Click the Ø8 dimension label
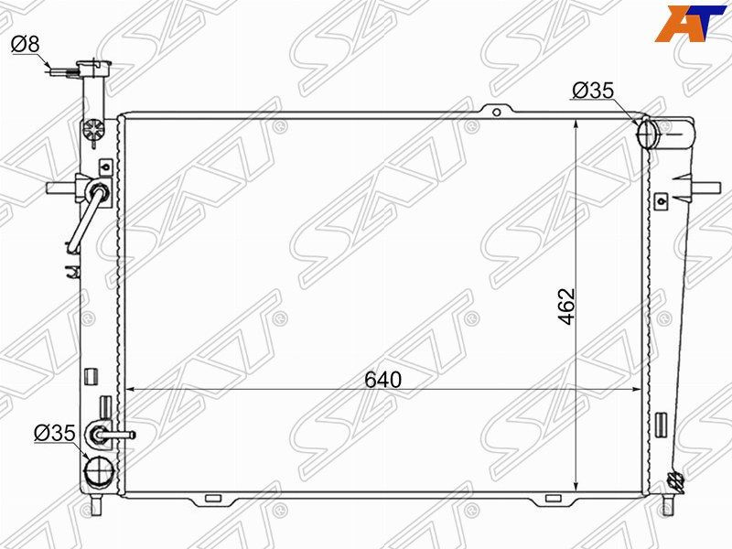(26, 44)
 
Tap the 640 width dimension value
(382, 380)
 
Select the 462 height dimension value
(567, 307)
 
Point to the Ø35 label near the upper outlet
(593, 90)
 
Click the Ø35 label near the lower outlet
(55, 433)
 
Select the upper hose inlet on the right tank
(647, 134)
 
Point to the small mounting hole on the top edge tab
(497, 112)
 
